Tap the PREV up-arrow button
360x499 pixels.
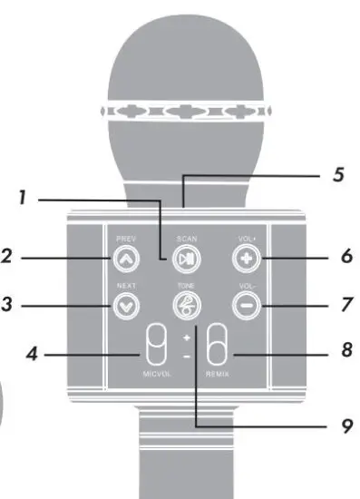pos(124,259)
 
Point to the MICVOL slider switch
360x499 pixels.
pos(155,348)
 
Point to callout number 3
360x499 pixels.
pos(7,306)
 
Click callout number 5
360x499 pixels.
pos(338,174)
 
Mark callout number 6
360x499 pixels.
pos(345,257)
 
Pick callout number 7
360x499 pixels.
pos(345,305)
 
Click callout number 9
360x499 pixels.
pos(345,423)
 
